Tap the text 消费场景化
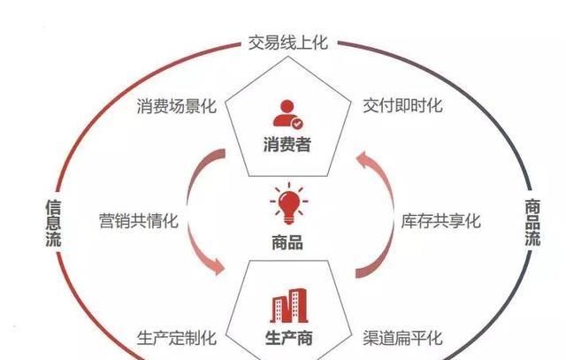pyautogui.click(x=176, y=106)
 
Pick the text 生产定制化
pyautogui.click(x=176, y=338)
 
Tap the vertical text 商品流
pyautogui.click(x=532, y=221)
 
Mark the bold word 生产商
pyautogui.click(x=287, y=338)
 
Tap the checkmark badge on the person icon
pyautogui.click(x=296, y=123)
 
